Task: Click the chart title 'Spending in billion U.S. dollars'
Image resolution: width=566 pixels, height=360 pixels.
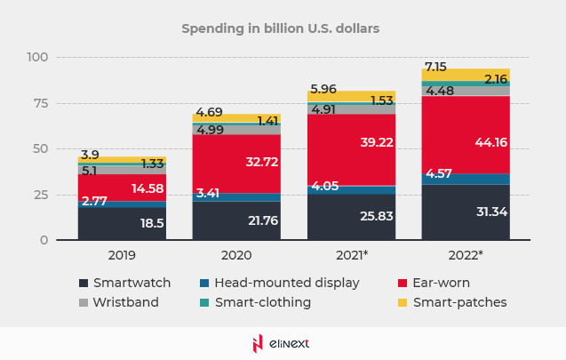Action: point(281,28)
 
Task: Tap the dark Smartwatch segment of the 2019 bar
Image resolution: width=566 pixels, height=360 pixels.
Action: point(107,223)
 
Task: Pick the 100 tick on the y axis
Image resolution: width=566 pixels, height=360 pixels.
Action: point(37,57)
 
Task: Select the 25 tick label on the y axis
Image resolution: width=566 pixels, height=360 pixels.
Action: point(41,195)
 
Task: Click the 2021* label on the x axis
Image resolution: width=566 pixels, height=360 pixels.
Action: point(351,255)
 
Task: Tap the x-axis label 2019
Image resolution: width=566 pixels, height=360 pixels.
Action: point(122,255)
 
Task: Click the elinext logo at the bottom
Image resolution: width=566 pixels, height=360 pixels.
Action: point(282,342)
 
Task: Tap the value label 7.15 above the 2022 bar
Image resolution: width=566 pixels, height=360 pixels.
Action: point(435,67)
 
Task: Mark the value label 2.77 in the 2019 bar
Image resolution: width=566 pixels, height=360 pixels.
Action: point(93,203)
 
